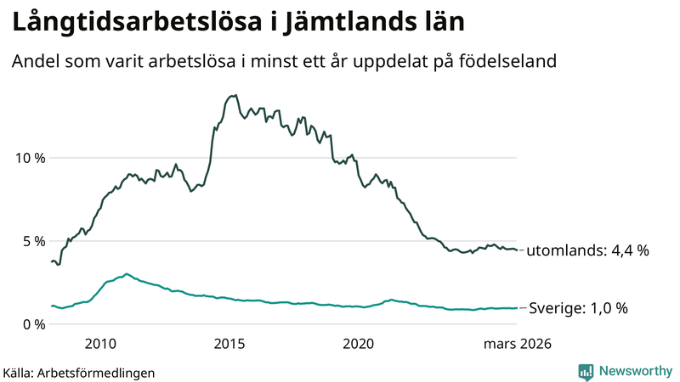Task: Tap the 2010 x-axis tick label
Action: [100, 344]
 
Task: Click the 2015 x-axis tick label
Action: [229, 344]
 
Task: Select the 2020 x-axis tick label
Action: [358, 344]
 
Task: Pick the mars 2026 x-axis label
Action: [518, 344]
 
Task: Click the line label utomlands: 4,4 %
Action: [587, 251]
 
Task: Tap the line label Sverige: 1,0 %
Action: [578, 308]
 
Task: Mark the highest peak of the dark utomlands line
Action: [235, 95]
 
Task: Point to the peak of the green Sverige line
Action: [127, 274]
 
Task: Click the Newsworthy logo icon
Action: [586, 371]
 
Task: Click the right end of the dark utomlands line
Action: [517, 250]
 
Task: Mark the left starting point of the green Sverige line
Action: [51, 306]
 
